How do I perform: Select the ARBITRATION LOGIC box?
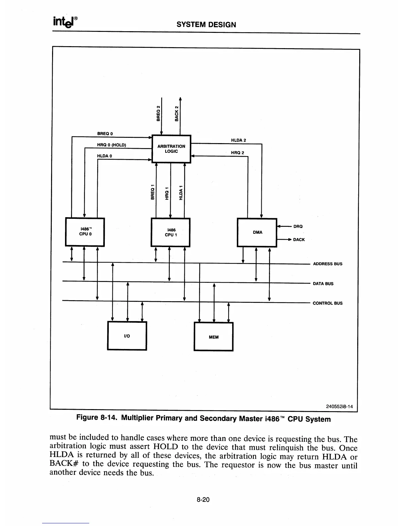click(171, 149)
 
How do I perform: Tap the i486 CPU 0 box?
click(85, 232)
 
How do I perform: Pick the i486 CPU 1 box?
click(170, 232)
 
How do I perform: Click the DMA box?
click(257, 232)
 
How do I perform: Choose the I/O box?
click(127, 336)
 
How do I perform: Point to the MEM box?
click(214, 337)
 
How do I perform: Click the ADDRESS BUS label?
click(328, 264)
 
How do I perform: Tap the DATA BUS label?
click(323, 284)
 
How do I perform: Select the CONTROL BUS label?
click(328, 303)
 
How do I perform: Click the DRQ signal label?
click(298, 226)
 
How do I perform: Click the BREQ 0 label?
click(105, 133)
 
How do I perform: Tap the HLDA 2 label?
click(238, 140)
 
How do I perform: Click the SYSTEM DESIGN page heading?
click(206, 25)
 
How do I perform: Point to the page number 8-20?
click(203, 499)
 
